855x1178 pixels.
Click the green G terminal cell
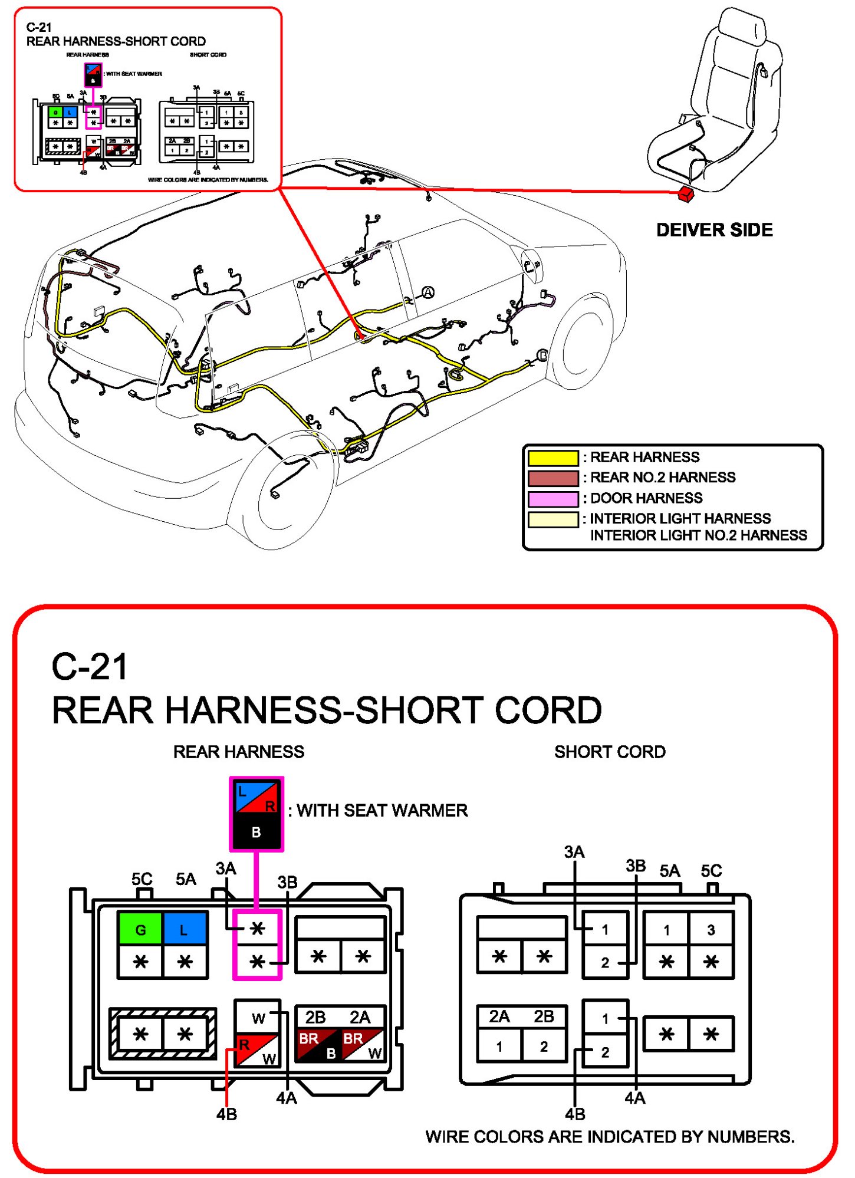(x=140, y=930)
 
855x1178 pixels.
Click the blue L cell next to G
(x=185, y=930)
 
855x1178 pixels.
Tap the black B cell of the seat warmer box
(x=256, y=832)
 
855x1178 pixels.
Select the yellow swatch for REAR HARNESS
(x=553, y=458)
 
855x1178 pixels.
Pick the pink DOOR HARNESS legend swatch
(x=553, y=499)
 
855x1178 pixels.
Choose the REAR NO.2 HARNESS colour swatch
(x=553, y=478)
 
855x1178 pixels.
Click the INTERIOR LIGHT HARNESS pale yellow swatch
(x=553, y=519)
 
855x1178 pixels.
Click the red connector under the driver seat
(x=686, y=193)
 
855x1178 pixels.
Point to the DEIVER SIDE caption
(x=714, y=230)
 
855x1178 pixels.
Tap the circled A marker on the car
(x=428, y=292)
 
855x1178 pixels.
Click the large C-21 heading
(x=90, y=667)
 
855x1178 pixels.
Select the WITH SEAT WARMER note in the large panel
(x=382, y=811)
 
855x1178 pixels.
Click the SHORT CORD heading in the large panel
(x=610, y=752)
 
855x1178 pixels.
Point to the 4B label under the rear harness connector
(x=226, y=1114)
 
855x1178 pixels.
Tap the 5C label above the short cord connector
(x=711, y=871)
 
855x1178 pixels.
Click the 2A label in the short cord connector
(x=499, y=1016)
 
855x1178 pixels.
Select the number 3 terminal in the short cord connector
(x=711, y=930)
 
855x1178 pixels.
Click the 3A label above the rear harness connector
(x=226, y=868)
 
